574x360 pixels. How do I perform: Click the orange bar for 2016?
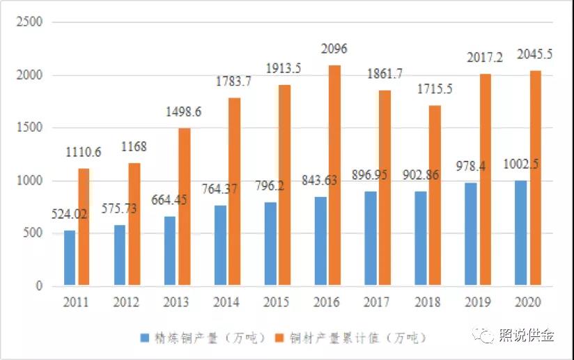334,175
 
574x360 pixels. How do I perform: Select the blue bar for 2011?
70,258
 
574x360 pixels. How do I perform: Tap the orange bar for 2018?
435,195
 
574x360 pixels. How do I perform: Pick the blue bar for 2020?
521,233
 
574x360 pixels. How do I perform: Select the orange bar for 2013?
184,207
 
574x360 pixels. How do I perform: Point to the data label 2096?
334,49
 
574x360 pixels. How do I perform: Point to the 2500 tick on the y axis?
29,22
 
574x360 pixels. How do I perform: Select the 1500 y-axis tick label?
29,128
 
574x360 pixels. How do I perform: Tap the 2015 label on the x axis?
277,303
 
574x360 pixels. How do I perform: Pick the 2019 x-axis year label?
478,303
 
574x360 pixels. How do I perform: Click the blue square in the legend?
145,338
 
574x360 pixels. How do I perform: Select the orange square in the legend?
281,338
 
